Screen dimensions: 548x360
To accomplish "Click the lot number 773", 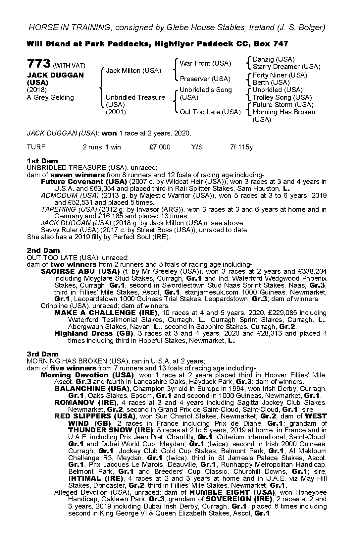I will pyautogui.click(x=39, y=63).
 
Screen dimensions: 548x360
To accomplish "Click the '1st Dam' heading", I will pyautogui.click(x=42, y=161).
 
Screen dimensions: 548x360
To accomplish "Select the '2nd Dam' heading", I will pyautogui.click(x=43, y=250).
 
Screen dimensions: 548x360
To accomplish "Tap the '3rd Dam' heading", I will pyautogui.click(x=42, y=354).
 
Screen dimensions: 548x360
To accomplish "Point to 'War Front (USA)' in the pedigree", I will pyautogui.click(x=205, y=63).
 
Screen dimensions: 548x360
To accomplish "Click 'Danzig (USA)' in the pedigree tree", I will pyautogui.click(x=274, y=59).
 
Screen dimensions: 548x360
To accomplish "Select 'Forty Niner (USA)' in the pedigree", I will pyautogui.click(x=280, y=75).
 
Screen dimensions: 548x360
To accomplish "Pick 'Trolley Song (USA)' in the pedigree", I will pyautogui.click(x=282, y=97).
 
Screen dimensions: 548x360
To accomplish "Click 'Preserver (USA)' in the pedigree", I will pyautogui.click(x=205, y=79).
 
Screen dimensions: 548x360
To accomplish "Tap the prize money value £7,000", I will pyautogui.click(x=160, y=147).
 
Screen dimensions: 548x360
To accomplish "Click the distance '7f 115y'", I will pyautogui.click(x=241, y=147).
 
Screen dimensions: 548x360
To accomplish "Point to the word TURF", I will pyautogui.click(x=36, y=147).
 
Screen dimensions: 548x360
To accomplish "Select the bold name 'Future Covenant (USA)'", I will pyautogui.click(x=84, y=182).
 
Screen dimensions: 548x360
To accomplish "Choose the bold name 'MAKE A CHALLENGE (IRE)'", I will pyautogui.click(x=106, y=313).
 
